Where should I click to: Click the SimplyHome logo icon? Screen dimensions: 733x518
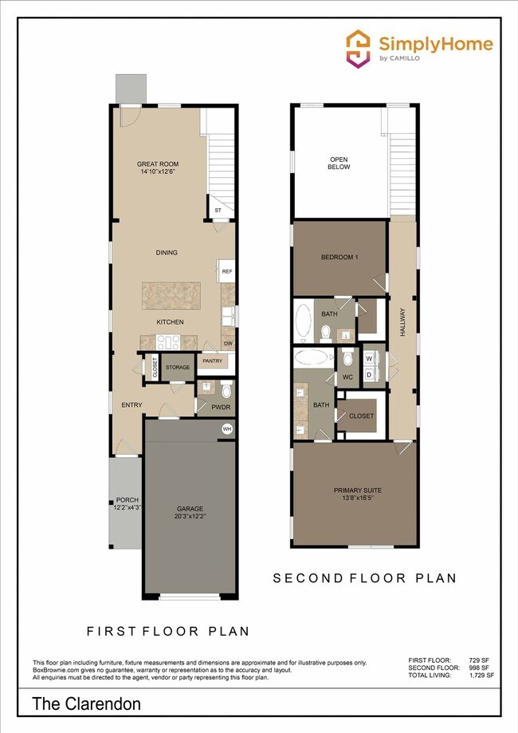click(357, 47)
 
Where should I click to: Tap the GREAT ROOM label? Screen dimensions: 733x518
click(155, 164)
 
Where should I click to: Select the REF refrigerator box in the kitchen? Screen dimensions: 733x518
click(227, 271)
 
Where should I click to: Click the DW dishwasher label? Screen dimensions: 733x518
click(228, 344)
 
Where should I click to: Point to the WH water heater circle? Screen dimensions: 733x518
click(227, 429)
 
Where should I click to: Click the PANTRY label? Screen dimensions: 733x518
click(212, 361)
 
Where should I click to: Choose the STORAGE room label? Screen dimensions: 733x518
click(178, 367)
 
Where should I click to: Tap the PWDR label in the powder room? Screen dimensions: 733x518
click(221, 407)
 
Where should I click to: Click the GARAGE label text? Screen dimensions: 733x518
click(190, 509)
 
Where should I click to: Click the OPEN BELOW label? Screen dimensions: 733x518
click(339, 163)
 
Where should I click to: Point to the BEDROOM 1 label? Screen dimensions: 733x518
click(339, 258)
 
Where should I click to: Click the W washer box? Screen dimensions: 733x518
click(369, 358)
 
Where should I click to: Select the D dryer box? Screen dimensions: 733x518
click(369, 373)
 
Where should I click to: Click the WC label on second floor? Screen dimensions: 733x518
click(347, 376)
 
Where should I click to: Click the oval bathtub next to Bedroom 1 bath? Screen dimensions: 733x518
click(304, 321)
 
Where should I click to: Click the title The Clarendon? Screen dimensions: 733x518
click(87, 703)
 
